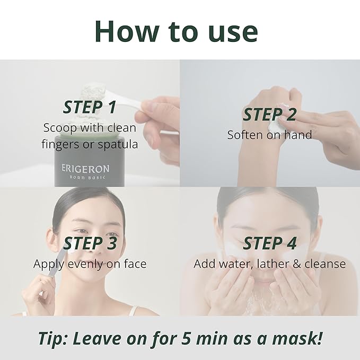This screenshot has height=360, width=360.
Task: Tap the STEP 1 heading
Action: coord(89,107)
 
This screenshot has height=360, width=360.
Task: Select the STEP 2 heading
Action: coord(269,115)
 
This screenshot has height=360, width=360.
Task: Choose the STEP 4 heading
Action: coord(269,243)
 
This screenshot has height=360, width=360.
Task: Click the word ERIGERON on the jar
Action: coord(85,169)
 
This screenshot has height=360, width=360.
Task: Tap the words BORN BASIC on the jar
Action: coord(85,179)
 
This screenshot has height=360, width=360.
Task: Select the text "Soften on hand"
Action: coord(269,135)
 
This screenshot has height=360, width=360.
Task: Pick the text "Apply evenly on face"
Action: coord(90,264)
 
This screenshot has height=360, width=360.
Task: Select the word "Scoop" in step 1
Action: coord(60,128)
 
